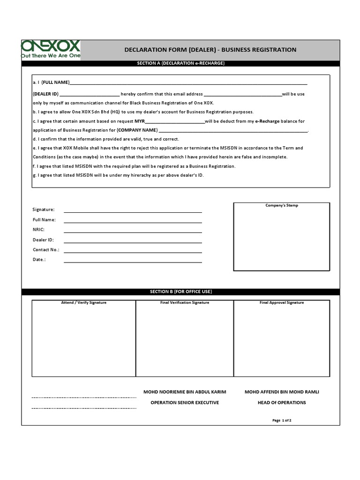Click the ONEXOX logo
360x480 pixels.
[51, 49]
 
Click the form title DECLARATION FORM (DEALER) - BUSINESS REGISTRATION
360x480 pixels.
[210, 50]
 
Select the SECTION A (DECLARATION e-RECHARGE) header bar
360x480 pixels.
[180, 63]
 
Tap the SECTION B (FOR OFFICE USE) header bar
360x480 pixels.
[180, 292]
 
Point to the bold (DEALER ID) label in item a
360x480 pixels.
[45, 94]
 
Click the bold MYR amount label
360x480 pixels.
[139, 121]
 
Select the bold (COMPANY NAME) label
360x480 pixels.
[137, 130]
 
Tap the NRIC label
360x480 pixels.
[38, 230]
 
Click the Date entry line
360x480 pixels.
[133, 262]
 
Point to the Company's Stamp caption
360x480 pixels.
[282, 205]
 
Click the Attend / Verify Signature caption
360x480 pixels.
[84, 303]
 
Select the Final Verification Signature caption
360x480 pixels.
[185, 303]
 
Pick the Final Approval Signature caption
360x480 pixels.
[282, 303]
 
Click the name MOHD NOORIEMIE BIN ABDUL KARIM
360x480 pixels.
[185, 392]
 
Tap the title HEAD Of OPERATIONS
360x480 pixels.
[282, 403]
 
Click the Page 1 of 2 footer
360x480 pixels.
[282, 420]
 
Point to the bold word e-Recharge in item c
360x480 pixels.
[267, 121]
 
